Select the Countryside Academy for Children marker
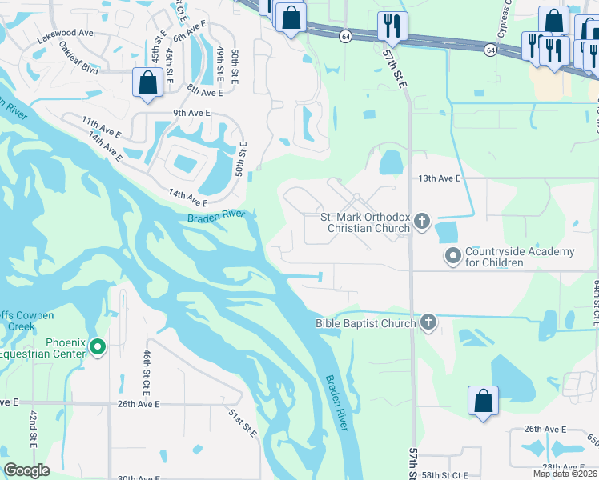point(453,256)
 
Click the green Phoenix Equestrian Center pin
point(98,346)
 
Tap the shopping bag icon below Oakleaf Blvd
point(148,83)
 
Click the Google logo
point(26,470)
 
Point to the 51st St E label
point(243,422)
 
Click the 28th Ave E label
point(561,466)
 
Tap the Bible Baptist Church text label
point(365,323)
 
